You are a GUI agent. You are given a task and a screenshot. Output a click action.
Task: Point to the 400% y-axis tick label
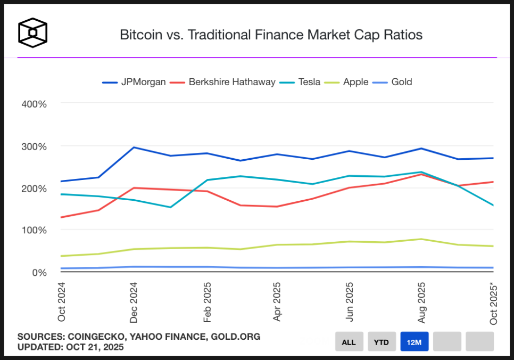[x=34, y=104]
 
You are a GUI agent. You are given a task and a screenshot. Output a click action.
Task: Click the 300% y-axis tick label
[x=34, y=146]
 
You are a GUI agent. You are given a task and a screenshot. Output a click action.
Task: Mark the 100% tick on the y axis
[x=34, y=230]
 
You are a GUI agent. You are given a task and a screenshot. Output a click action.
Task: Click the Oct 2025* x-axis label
[x=494, y=304]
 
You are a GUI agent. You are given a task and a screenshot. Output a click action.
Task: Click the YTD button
[x=382, y=342]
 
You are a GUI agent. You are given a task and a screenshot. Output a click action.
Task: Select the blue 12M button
[x=414, y=342]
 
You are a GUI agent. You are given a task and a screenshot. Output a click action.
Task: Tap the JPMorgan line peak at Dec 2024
[x=134, y=148]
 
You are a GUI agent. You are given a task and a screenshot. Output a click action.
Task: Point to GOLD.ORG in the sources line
[x=236, y=337]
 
